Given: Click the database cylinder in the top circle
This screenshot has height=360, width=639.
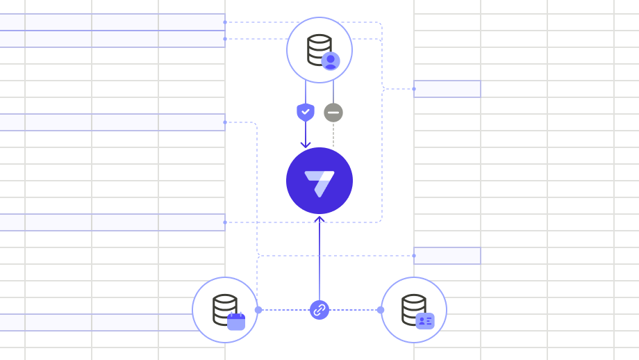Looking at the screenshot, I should pos(318,48).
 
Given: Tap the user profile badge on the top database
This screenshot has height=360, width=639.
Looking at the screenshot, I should pos(331,61).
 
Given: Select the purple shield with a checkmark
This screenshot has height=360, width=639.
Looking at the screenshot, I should pos(306,112).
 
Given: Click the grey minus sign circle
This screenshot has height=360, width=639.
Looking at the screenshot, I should pos(333,112).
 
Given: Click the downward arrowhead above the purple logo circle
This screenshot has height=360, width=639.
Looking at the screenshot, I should pos(306,144).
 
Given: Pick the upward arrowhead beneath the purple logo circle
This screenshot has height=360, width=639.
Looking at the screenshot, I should pos(319,220).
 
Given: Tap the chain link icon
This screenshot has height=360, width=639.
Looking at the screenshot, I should pos(319,310).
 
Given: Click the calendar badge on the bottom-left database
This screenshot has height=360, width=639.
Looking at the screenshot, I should pos(236,321).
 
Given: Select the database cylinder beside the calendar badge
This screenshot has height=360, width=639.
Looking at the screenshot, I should pos(224,308).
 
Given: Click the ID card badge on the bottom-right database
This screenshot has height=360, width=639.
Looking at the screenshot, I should pos(424,320).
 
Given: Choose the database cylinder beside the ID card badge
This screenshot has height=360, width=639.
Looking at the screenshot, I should pos(413,308).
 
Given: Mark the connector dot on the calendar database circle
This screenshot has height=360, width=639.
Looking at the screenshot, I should pos(258,310).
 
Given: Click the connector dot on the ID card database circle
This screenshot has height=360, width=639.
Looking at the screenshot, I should pos(381,310).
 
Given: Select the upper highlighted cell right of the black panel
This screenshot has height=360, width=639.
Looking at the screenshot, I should pos(447,89).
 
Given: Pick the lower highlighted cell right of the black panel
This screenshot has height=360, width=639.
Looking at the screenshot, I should pos(447,256).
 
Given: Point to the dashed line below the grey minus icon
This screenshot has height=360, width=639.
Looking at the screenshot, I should pos(333,134).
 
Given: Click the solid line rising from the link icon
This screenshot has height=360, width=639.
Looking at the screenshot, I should pos(319,264).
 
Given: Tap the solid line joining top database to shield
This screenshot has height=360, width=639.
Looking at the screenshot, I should pos(306,92).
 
